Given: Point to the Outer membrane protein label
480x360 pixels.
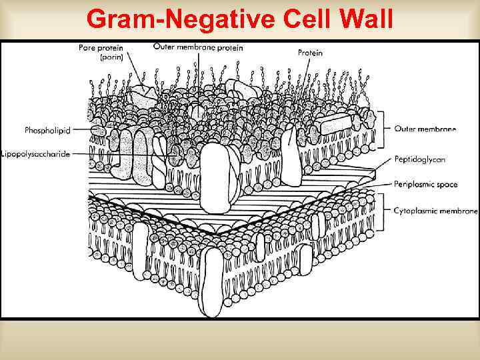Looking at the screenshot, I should [x=198, y=47].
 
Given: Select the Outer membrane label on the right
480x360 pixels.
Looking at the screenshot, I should [x=425, y=129].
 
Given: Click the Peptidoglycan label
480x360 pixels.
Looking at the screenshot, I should [x=419, y=160].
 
